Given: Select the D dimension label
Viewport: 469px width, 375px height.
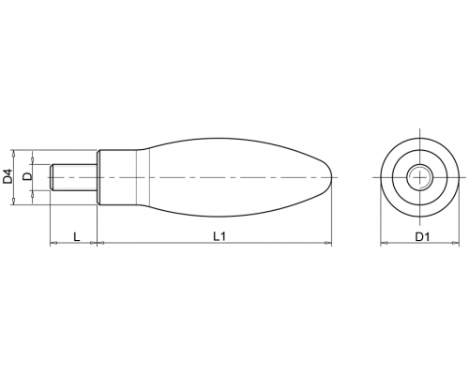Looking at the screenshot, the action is (x=27, y=176).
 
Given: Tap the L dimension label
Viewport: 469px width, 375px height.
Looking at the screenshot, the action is (x=77, y=236).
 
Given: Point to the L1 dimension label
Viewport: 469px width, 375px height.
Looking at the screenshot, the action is (x=219, y=236).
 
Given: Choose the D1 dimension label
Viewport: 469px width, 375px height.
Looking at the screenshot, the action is (x=422, y=237).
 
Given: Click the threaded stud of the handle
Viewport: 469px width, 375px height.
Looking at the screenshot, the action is (x=74, y=177).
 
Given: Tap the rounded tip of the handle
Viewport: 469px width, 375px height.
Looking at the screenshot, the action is (x=329, y=177).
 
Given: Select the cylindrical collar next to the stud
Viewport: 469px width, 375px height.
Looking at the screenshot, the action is (x=117, y=177).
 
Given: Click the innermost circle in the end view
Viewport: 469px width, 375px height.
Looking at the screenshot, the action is (x=419, y=177).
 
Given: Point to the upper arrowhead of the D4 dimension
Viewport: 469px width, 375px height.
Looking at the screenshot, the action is (x=13, y=153).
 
